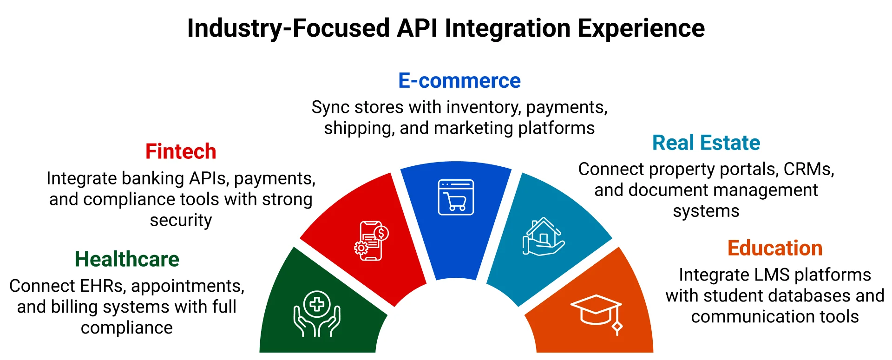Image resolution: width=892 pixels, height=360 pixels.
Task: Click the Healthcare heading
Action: [127, 259]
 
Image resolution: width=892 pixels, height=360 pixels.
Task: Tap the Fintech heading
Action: [181, 151]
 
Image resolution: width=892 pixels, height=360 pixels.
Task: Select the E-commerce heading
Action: [459, 81]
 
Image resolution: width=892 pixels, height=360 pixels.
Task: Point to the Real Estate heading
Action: [706, 143]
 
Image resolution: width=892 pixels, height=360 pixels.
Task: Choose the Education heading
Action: [774, 248]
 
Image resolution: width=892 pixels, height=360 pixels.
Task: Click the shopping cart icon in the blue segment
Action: [456, 197]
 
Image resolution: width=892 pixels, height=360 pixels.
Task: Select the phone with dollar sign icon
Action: [371, 241]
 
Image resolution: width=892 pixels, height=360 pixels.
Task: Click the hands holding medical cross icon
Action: [317, 314]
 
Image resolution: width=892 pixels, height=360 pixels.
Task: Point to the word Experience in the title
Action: [641, 28]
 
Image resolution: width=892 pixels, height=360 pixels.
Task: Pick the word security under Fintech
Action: [181, 220]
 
